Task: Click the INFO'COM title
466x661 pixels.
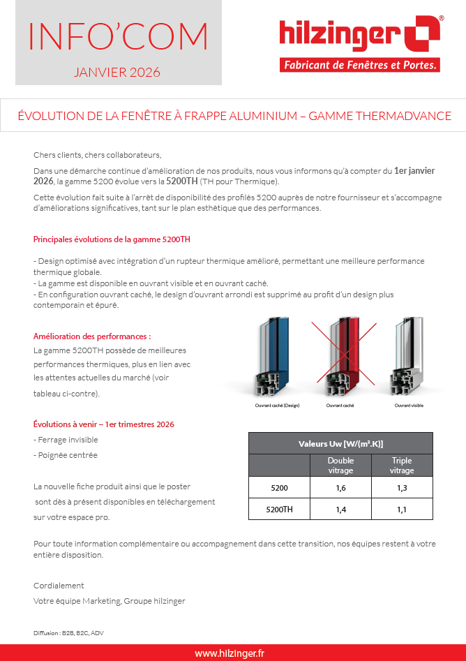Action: click(118, 36)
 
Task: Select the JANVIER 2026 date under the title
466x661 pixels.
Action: click(118, 72)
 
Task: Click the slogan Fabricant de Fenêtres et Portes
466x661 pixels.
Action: click(359, 66)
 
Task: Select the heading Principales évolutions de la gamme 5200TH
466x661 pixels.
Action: click(112, 239)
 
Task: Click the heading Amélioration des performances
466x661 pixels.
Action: click(92, 336)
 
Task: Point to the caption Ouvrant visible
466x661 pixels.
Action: click(409, 405)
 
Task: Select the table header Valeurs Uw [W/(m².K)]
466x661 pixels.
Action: click(340, 444)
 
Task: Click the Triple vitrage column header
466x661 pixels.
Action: click(402, 466)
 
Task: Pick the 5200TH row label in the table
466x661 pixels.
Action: click(279, 510)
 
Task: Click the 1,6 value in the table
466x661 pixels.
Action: click(340, 488)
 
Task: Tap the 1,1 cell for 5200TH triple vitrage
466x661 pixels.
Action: click(402, 510)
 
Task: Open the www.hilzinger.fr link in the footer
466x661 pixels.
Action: click(230, 653)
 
